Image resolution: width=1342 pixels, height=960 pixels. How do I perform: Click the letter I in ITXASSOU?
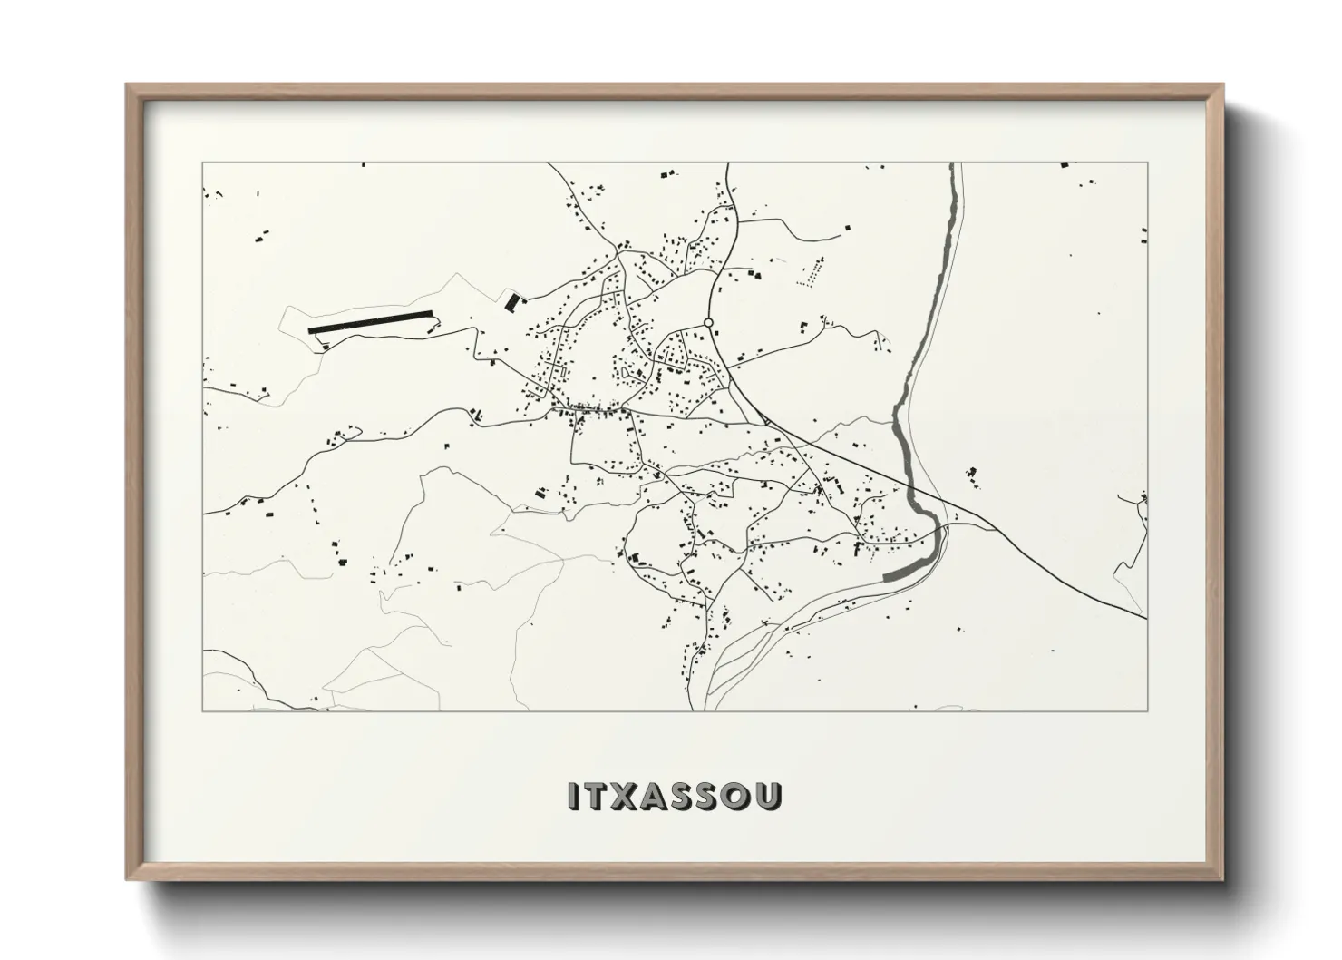pos(572,795)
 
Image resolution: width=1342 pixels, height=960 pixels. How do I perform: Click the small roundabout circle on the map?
pos(708,322)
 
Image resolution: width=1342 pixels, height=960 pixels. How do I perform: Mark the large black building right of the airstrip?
pos(511,300)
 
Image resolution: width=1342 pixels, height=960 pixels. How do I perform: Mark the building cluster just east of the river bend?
pos(972,473)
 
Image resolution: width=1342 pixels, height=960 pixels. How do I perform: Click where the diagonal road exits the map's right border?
pos(1145,619)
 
